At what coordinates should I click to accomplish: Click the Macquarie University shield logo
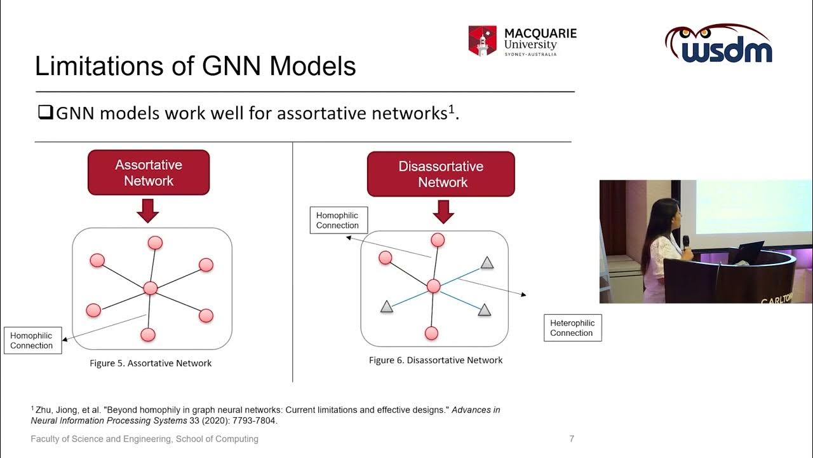point(482,41)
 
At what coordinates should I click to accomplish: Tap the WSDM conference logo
point(718,45)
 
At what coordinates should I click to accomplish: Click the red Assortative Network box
point(149,172)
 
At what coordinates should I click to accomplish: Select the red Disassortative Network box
point(441,174)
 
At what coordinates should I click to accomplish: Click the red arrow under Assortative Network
point(148,211)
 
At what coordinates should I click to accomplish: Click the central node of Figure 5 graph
point(150,288)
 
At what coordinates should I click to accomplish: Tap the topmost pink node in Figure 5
point(155,242)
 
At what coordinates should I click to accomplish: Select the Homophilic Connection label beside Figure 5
point(32,340)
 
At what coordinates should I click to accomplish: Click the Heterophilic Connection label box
point(572,328)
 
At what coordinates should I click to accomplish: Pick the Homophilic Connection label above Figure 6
point(338,221)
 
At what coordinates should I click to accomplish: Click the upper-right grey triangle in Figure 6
point(487,262)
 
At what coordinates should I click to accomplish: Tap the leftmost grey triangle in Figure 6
point(386,308)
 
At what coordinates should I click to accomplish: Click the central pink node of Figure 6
point(433,286)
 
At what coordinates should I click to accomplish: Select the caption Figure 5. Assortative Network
point(151,363)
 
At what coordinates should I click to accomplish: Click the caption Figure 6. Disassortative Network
point(436,360)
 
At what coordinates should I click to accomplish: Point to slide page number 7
point(572,439)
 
